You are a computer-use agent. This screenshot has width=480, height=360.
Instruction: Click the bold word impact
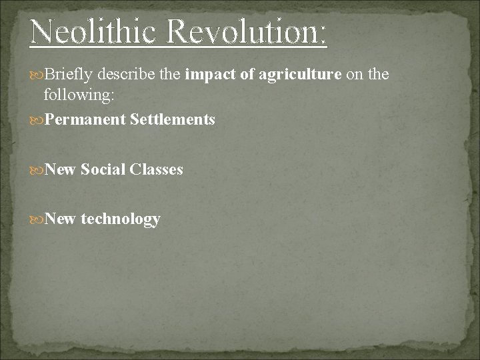[x=211, y=75]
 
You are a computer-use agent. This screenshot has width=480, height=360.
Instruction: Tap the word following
[x=79, y=95]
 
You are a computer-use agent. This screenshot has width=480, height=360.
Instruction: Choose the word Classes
[x=156, y=169]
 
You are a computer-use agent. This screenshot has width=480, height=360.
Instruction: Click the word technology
[x=120, y=219]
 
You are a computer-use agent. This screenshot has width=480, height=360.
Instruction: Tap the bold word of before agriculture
[x=247, y=75]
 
